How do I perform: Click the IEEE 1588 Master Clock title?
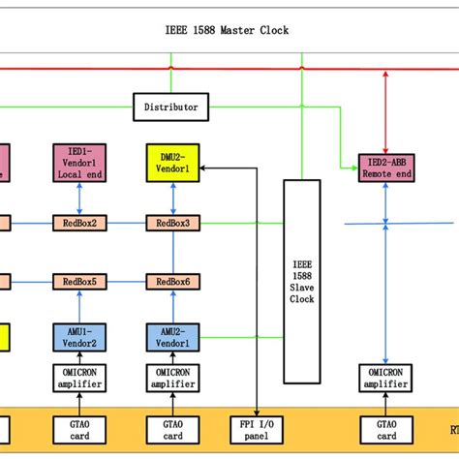tap(229, 30)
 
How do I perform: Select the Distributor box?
tap(170, 107)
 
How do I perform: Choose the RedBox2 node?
tap(78, 224)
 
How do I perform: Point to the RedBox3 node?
tap(172, 224)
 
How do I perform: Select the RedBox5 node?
tap(78, 282)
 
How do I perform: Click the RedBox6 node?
tap(172, 282)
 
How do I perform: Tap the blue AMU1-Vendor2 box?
tap(78, 337)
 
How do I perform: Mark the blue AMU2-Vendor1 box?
tap(172, 337)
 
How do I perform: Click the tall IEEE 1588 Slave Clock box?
tap(302, 281)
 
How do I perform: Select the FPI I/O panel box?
tap(256, 429)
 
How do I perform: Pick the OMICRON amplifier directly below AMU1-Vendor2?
tap(78, 379)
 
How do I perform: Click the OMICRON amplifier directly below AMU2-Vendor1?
tap(172, 379)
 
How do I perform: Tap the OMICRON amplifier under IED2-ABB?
tap(386, 379)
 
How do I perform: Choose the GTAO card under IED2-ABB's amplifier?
tap(386, 429)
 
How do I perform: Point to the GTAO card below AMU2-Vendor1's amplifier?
tap(172, 429)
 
